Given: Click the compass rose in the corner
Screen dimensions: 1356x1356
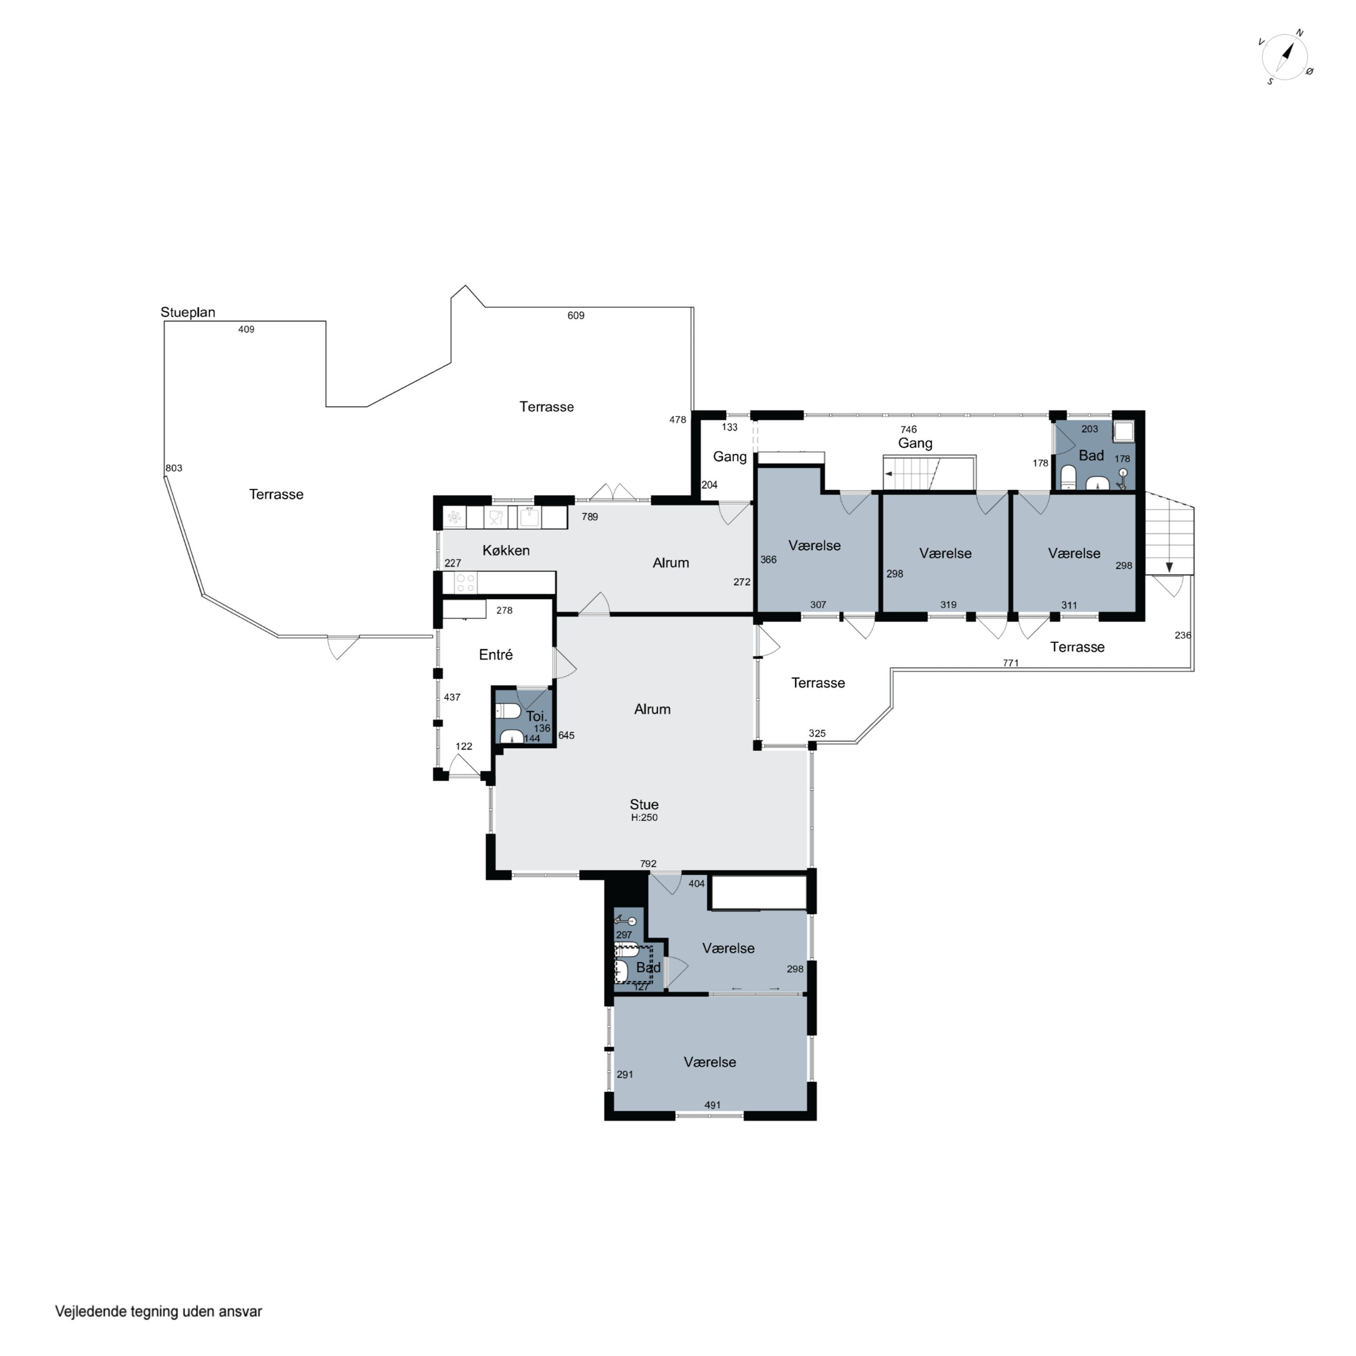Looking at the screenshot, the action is coord(1286,57).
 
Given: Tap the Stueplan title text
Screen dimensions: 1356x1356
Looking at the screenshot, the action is coord(188,312).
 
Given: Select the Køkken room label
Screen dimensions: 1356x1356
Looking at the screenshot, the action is coord(506,550).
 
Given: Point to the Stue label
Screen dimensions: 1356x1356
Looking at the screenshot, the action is coord(644,805).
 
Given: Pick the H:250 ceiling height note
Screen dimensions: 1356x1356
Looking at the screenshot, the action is coord(644,818).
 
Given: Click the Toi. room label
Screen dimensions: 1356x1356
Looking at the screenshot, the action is coord(536,716).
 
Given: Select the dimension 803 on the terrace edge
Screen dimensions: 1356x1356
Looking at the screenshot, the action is coord(174,468).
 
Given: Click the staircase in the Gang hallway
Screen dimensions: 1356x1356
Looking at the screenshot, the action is coord(912,474).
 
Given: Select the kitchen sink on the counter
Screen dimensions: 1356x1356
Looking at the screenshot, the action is coord(530,517).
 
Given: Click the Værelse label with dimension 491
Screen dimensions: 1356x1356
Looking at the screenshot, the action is coord(710,1062).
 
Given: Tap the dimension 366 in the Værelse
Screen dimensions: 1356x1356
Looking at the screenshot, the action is coord(768,560).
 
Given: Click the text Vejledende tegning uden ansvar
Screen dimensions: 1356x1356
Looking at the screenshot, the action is coord(159,1311).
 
